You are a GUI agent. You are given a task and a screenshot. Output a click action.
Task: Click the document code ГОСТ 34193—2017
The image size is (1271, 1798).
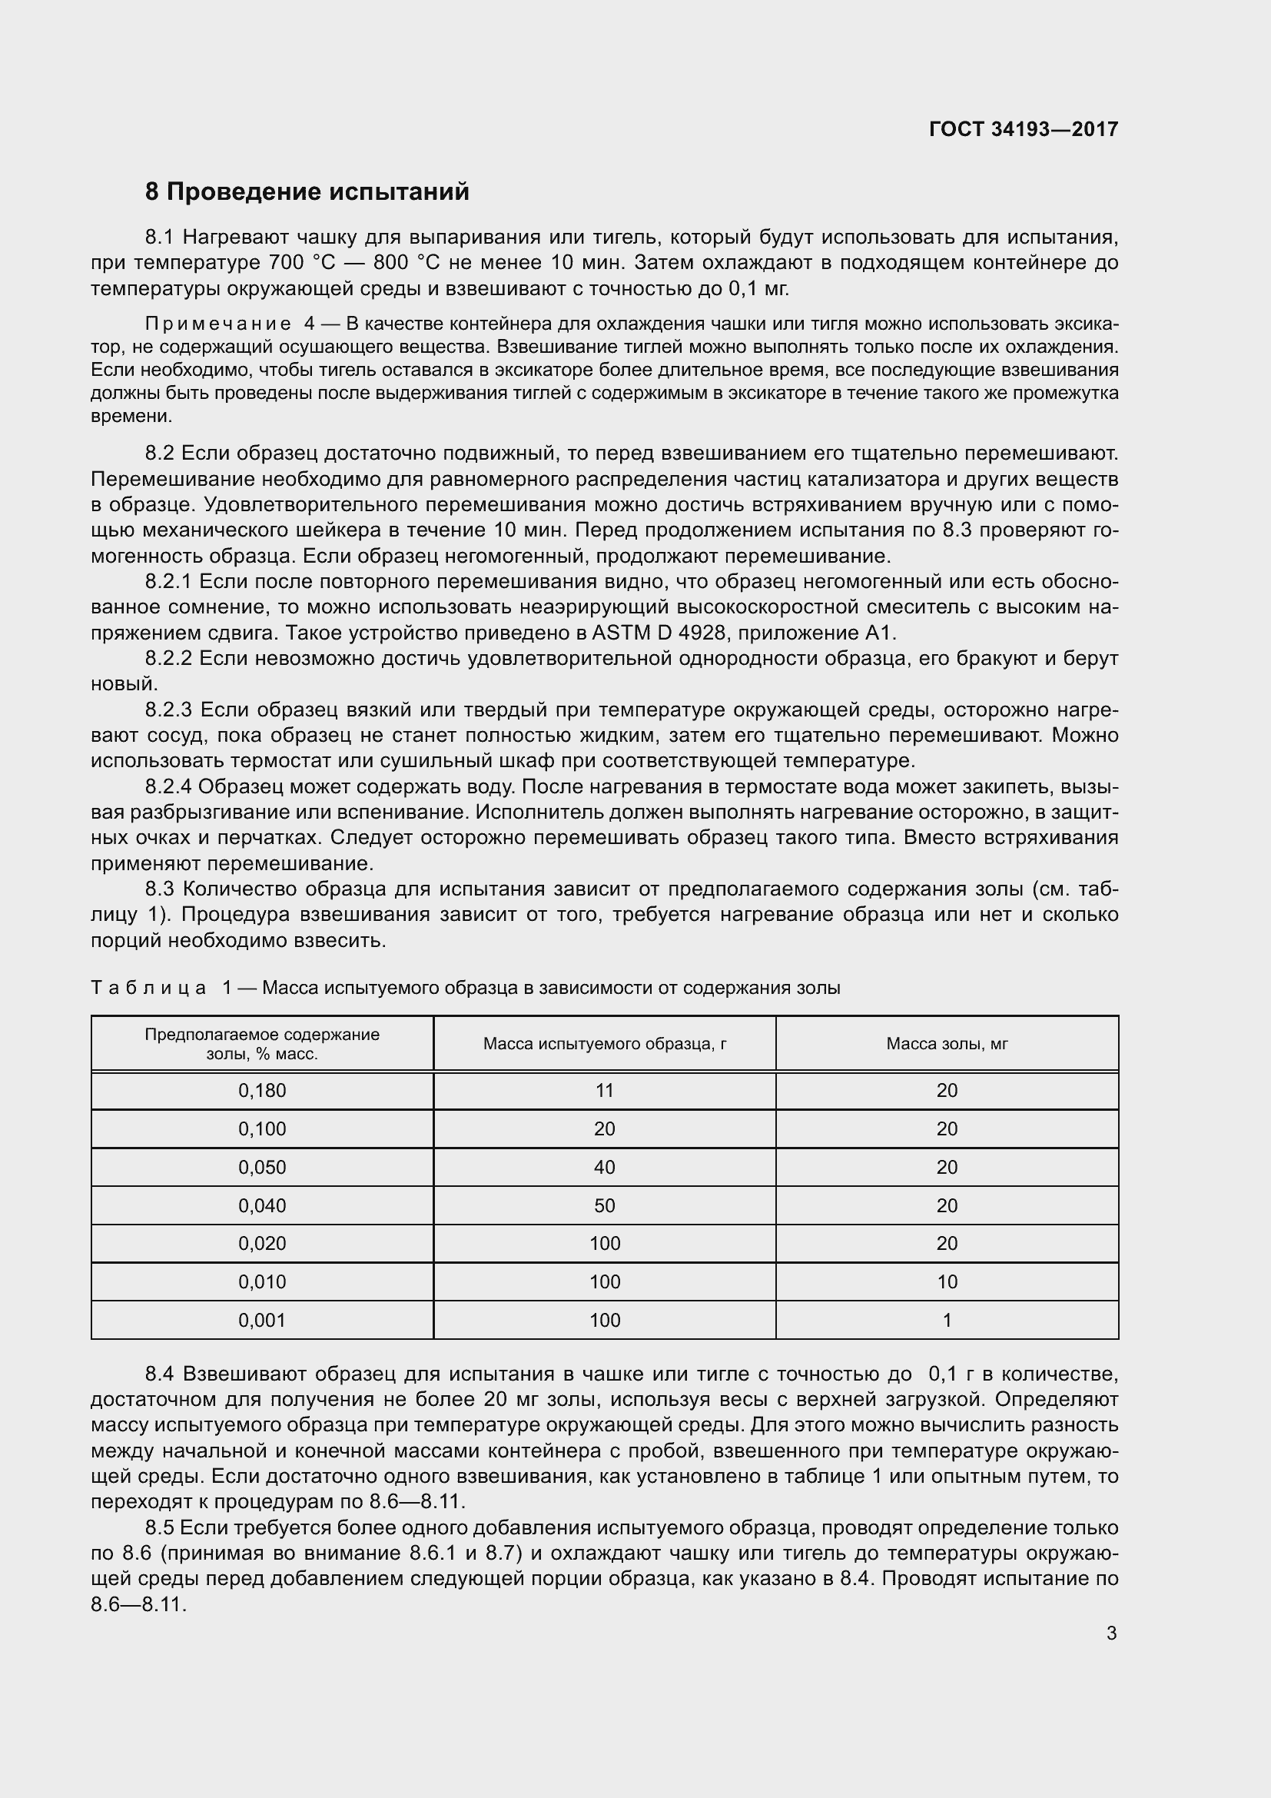[1023, 129]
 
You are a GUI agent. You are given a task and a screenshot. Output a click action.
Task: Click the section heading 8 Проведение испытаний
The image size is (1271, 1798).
[307, 192]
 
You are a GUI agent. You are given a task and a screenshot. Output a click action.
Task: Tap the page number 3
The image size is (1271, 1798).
[1111, 1633]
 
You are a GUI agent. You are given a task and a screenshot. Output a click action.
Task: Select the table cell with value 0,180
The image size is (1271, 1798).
[262, 1090]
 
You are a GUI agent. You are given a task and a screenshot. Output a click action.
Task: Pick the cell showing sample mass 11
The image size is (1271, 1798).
[604, 1090]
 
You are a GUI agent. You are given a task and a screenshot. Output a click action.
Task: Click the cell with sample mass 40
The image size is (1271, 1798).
[604, 1167]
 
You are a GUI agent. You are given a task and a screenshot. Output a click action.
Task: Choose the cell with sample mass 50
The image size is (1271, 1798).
[604, 1205]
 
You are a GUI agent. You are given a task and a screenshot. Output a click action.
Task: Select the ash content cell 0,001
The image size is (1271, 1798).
[262, 1321]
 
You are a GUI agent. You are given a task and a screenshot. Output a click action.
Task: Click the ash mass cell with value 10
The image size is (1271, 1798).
[947, 1282]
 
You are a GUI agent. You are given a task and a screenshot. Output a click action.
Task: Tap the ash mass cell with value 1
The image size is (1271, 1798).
[947, 1321]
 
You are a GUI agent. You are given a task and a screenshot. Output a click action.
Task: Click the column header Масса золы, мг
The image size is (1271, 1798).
[947, 1043]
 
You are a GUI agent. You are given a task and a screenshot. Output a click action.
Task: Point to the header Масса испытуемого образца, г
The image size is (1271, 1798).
[604, 1043]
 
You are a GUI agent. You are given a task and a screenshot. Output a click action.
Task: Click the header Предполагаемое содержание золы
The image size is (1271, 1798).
[262, 1043]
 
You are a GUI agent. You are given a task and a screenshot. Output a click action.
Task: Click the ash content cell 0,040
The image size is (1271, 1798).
[262, 1205]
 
